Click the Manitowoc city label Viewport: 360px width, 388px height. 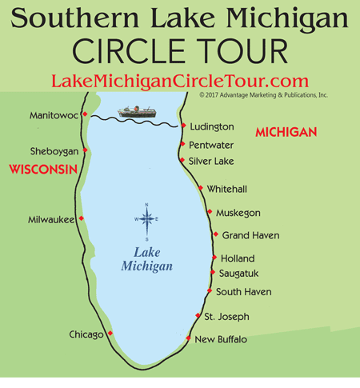(54, 115)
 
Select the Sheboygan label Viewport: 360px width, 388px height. (54, 151)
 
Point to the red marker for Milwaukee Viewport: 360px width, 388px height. (82, 218)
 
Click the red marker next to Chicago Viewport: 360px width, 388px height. (110, 334)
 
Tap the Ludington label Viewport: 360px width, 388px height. (212, 126)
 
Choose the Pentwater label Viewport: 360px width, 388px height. (213, 145)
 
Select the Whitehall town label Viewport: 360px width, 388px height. (228, 189)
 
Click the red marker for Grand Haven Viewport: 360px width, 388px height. (216, 234)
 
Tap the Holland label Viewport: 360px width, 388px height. (238, 258)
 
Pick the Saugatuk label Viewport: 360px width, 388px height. (239, 274)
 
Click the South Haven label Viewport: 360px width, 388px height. (243, 292)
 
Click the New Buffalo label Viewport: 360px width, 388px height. (221, 339)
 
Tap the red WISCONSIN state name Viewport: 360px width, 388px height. (42, 170)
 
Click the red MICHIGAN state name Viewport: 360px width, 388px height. (286, 131)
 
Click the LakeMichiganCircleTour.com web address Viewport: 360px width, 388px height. (179, 81)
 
